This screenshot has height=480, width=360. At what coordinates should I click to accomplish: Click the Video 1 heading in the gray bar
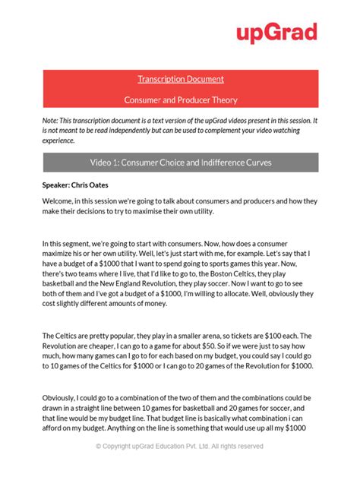[x=180, y=163]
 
